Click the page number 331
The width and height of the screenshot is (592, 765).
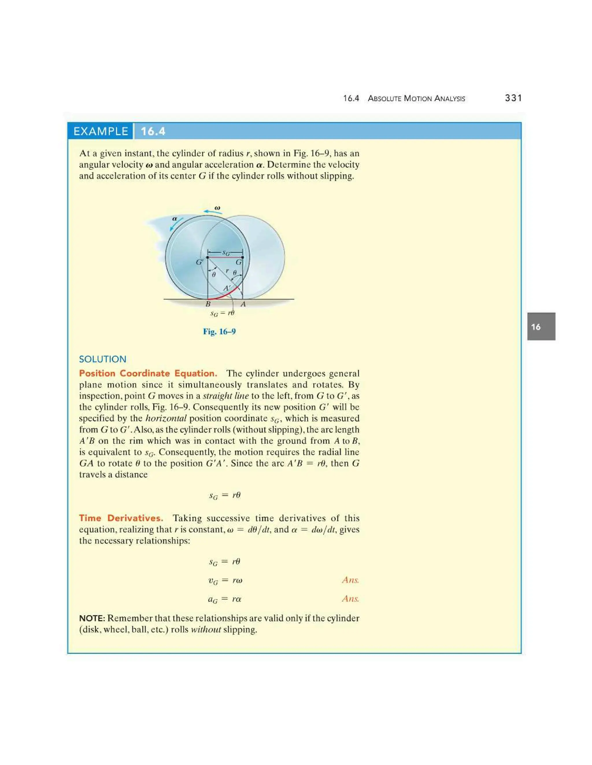(513, 98)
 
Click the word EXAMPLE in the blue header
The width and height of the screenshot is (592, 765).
(101, 131)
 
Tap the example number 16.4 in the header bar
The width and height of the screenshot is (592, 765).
(153, 131)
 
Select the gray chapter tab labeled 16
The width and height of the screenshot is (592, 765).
(541, 326)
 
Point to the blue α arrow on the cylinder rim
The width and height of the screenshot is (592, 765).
(176, 224)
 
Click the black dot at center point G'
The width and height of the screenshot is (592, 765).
(208, 258)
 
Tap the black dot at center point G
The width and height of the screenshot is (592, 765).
(243, 258)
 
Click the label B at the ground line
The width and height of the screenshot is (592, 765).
(208, 304)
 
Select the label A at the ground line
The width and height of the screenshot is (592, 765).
(243, 304)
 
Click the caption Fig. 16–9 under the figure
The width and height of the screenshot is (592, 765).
(219, 331)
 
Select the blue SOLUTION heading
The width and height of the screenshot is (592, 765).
(102, 359)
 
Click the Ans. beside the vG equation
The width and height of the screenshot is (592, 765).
(350, 580)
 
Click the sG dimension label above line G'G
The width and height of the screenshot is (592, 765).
(226, 253)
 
